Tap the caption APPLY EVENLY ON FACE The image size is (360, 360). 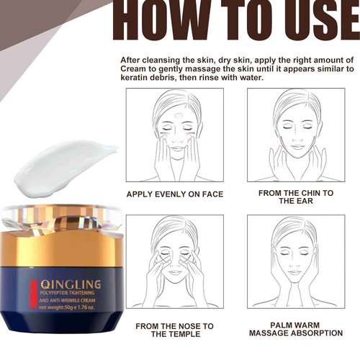(174, 194)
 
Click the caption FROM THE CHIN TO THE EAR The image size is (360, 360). (295, 197)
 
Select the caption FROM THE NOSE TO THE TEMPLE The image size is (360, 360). (174, 330)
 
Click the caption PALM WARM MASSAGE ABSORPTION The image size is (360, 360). (295, 329)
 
